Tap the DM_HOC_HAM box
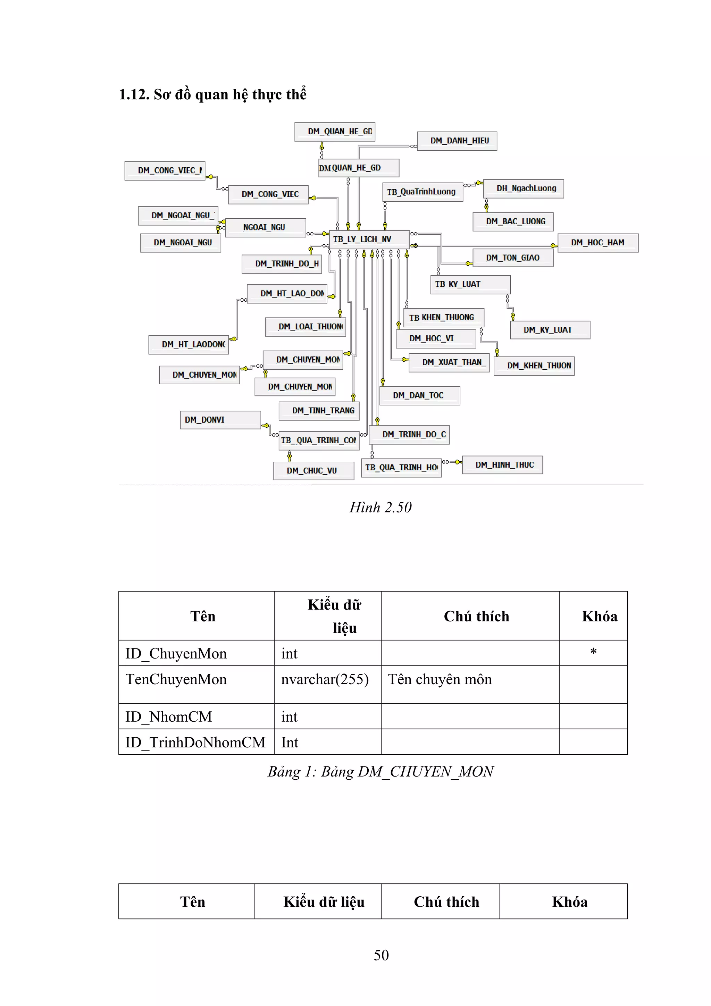(597, 243)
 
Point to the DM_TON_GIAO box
(512, 258)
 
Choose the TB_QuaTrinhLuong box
(422, 192)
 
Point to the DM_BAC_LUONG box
(512, 222)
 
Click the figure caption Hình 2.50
(380, 508)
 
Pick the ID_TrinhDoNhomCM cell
(196, 742)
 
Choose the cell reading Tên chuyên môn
(440, 680)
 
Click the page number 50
(381, 955)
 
